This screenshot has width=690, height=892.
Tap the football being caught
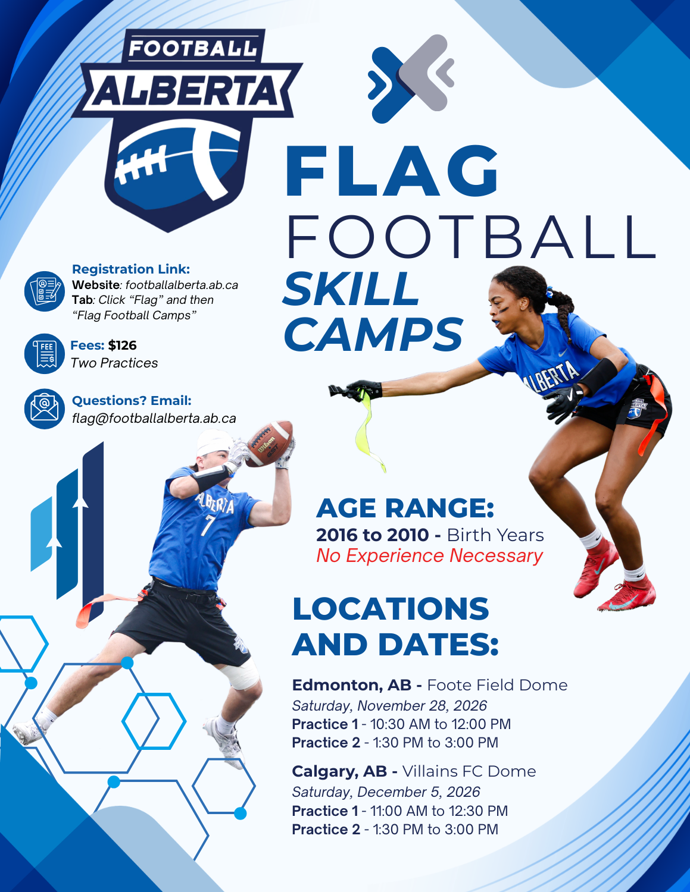click(269, 444)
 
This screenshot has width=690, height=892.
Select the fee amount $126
click(123, 346)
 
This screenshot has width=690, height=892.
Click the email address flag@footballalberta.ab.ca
click(154, 418)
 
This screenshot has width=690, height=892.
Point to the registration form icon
click(45, 291)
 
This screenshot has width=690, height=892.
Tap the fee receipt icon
click(45, 353)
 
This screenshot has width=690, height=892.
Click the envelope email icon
click(45, 409)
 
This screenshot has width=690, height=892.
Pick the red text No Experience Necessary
click(429, 556)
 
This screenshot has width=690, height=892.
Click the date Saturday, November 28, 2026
click(389, 706)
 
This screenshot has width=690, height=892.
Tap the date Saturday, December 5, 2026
click(386, 792)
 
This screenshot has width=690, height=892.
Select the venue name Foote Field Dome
click(497, 684)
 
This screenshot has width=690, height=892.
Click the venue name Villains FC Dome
click(469, 771)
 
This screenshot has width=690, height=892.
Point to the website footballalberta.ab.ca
click(182, 285)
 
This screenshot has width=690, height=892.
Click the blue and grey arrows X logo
click(411, 79)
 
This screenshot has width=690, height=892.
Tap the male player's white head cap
click(214, 442)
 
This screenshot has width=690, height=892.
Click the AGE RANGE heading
click(405, 508)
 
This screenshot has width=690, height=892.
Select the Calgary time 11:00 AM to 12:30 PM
click(439, 811)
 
